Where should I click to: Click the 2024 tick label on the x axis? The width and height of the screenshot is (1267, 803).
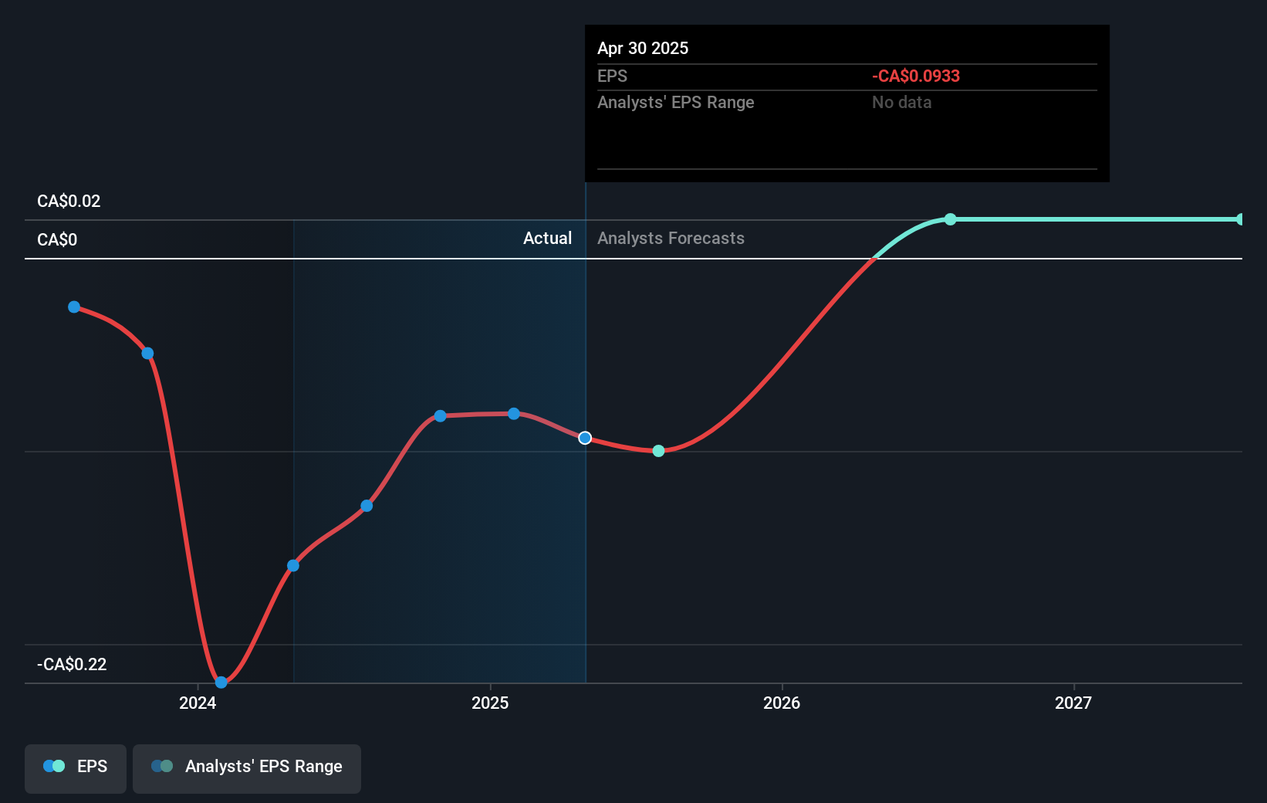point(198,703)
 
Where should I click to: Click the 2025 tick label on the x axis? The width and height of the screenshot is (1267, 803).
point(490,703)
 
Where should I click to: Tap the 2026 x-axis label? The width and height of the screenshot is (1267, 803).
point(782,703)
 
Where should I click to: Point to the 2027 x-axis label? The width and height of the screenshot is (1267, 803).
point(1073,703)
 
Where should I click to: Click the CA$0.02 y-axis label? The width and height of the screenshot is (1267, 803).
point(69,202)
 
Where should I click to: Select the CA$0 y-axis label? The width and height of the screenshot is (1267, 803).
point(57,240)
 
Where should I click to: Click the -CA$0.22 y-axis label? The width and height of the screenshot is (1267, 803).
point(72,665)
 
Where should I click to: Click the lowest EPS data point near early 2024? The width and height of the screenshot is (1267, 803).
point(221,682)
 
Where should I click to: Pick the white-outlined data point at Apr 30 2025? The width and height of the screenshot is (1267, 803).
point(585,438)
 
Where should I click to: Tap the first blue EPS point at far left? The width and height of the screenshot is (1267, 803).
point(74,307)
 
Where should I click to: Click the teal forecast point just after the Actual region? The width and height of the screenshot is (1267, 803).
point(658,451)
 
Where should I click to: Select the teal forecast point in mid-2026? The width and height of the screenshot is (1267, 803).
point(951,219)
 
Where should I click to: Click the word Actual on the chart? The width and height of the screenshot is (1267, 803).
point(547,239)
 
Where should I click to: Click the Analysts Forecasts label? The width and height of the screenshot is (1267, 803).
point(671,239)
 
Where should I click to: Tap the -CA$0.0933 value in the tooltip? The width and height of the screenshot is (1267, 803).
point(916,76)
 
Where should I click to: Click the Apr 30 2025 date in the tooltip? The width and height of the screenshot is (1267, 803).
point(643,49)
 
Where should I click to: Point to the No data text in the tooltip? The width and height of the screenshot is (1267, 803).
point(901,103)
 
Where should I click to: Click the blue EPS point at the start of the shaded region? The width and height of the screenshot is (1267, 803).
point(293,566)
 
